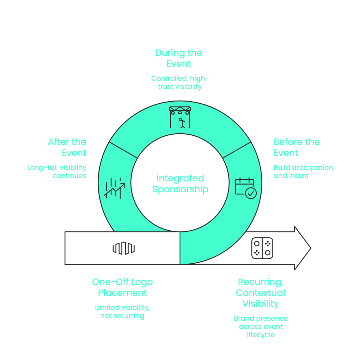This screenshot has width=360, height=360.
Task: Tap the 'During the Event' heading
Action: tap(179, 58)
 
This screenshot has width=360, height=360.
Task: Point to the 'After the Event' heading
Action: tap(67, 147)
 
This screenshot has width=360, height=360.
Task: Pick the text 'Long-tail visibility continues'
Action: tap(57, 172)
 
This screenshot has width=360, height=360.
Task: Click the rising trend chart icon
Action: tap(114, 188)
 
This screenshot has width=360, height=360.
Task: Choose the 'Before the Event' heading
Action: tap(296, 147)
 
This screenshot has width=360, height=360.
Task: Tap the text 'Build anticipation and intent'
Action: tap(303, 172)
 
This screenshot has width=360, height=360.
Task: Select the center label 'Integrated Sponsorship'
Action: tap(180, 184)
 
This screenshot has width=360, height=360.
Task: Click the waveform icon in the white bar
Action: tap(123, 248)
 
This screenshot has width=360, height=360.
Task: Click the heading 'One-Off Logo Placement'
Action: tap(122, 287)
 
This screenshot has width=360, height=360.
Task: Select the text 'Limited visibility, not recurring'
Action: tap(122, 311)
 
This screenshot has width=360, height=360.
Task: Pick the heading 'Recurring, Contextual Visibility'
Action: tap(261, 293)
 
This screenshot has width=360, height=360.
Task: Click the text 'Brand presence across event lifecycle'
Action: tap(261, 327)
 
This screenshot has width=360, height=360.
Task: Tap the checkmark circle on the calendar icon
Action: tap(251, 193)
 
